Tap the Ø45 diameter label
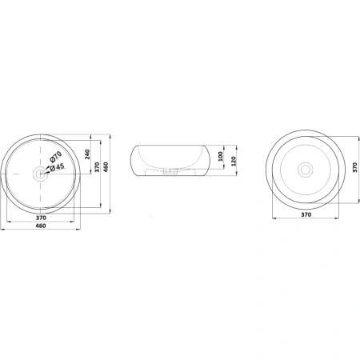coord(57,167)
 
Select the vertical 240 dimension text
coord(87,154)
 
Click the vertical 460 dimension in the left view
coord(106,167)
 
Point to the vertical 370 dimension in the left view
coord(97,167)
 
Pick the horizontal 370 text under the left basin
coord(41,218)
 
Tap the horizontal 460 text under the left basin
coord(41,226)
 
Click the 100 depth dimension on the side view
coord(220,156)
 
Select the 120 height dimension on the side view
coord(234,162)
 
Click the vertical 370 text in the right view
coord(354,167)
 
